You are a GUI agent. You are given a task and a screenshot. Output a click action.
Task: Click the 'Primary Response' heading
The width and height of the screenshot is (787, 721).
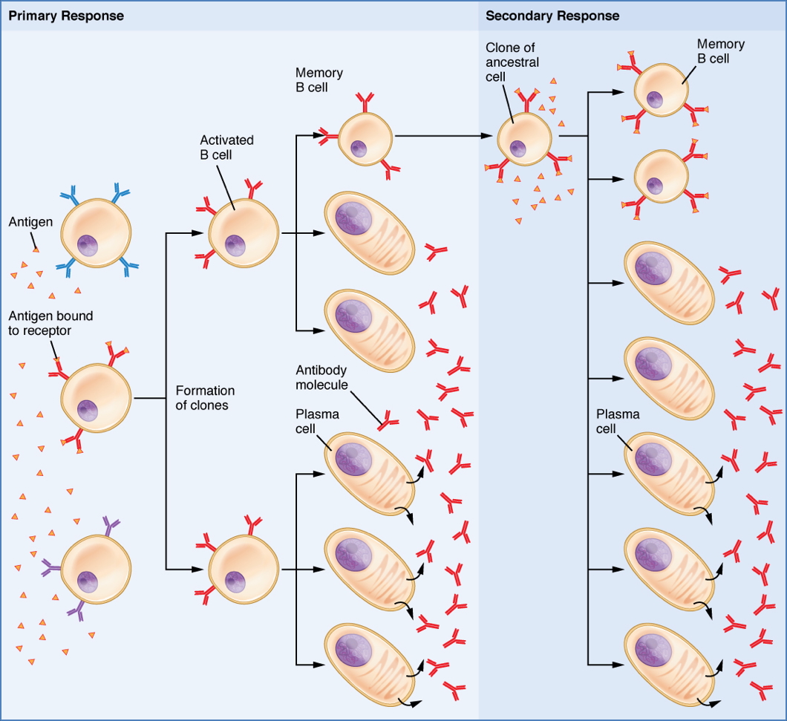click(x=66, y=16)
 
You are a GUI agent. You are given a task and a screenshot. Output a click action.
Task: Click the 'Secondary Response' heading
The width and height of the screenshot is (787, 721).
click(x=552, y=16)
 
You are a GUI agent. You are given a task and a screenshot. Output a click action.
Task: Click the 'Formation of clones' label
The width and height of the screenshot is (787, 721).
click(x=205, y=398)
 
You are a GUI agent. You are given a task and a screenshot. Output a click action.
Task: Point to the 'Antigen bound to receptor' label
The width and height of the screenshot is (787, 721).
click(x=50, y=323)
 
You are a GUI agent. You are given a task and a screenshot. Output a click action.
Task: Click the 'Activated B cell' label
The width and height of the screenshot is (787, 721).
click(x=226, y=147)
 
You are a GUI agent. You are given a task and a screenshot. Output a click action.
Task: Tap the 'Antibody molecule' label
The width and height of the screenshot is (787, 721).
click(x=322, y=377)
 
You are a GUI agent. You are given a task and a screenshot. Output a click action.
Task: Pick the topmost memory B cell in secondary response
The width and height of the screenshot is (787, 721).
click(x=662, y=89)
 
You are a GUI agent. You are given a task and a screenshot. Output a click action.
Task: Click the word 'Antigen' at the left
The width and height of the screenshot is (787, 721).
click(x=29, y=221)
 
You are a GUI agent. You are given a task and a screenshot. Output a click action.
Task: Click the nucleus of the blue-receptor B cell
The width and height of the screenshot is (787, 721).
click(x=89, y=244)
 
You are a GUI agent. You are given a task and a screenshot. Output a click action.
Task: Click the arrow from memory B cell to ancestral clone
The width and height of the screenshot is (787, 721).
click(x=445, y=137)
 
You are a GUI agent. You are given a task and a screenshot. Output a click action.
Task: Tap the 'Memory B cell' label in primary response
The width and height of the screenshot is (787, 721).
click(x=319, y=80)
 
